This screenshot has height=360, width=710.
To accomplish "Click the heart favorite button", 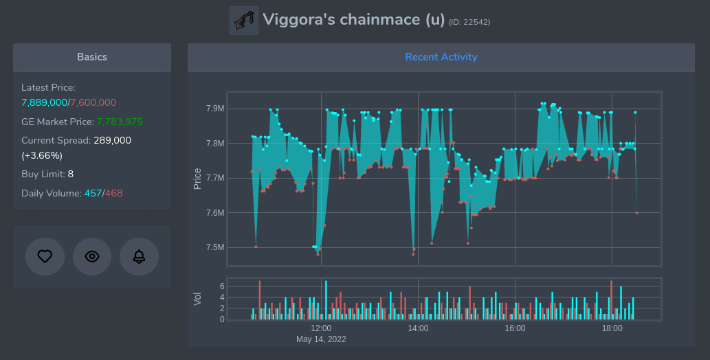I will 45,256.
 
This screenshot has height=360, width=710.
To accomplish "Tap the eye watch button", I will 92,256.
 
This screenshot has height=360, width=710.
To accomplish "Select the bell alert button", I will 139,256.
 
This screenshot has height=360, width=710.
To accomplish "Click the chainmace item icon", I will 243,21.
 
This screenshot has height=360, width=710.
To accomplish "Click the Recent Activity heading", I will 441,57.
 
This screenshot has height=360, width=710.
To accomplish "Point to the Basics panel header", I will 91,57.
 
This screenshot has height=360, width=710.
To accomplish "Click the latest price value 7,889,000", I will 44,102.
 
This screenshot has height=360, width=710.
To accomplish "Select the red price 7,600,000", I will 93,102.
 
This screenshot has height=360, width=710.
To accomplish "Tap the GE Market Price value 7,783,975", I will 120,122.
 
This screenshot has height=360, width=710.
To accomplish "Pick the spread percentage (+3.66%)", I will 42,155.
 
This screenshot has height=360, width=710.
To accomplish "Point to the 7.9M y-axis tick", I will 215,109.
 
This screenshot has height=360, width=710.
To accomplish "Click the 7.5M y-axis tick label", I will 215,248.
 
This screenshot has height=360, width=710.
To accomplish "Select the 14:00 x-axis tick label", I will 418,328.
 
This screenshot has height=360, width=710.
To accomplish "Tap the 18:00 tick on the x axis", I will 612,328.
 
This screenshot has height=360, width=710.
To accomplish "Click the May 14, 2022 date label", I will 321,339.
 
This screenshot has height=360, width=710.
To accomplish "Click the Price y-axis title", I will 198,179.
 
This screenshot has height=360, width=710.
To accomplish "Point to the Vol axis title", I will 198,299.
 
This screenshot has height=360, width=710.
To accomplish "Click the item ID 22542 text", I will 469,23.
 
